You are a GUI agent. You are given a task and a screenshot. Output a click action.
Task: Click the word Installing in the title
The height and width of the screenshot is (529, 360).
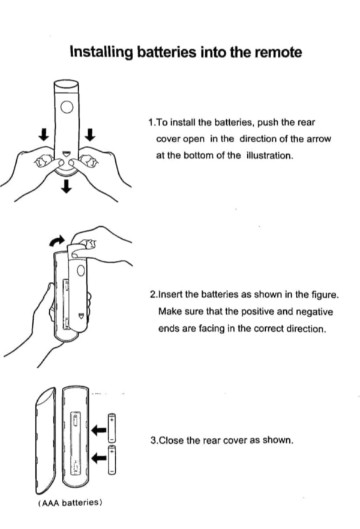coord(101,53)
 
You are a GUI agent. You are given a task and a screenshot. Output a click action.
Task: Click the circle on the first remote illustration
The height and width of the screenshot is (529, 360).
coord(67,107)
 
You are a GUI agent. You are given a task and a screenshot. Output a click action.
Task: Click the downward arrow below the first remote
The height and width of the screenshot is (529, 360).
coord(67,186)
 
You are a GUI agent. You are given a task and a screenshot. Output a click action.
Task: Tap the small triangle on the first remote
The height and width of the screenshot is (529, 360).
coord(66,154)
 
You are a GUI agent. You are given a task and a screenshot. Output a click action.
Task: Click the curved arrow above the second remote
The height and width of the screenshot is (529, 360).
coord(56,241)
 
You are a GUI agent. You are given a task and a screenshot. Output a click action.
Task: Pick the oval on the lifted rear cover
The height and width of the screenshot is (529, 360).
coord(80,270)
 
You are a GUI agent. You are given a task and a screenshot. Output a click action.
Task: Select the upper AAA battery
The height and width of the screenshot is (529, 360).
coord(112,428)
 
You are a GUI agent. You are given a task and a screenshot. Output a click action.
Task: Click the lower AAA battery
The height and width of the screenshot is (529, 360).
coord(112,459)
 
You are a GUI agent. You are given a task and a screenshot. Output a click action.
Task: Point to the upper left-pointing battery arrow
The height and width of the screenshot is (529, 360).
coord(99,430)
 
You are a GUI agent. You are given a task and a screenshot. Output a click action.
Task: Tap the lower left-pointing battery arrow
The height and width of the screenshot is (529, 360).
coord(99,458)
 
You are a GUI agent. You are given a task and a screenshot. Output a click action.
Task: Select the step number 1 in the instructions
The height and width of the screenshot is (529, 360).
coord(151,122)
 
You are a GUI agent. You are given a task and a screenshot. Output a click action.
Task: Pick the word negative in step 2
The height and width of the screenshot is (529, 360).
coord(314,312)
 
